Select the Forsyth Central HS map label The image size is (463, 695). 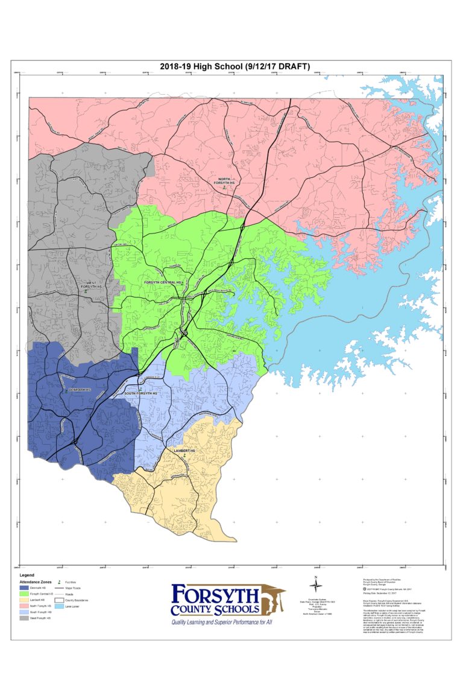[x=161, y=282]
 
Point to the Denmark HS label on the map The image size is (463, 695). [x=78, y=390]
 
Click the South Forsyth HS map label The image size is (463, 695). [x=140, y=393]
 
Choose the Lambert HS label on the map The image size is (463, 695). [x=184, y=451]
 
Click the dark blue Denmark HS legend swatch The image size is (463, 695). [x=25, y=588]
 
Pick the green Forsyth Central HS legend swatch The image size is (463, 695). [x=25, y=594]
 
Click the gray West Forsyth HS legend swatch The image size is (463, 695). [x=25, y=618]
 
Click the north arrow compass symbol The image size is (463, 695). [x=313, y=585]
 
